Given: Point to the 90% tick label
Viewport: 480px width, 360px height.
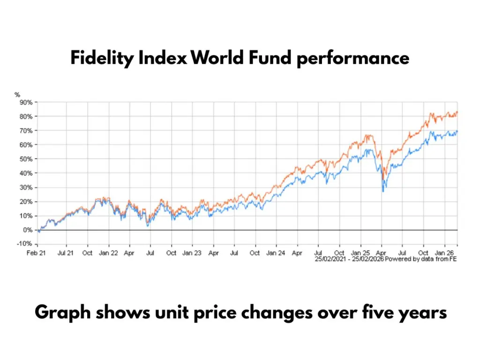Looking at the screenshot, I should [25, 102].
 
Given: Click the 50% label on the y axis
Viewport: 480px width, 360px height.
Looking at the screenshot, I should [25, 159].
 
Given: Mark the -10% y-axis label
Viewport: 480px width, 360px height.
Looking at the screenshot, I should [24, 244].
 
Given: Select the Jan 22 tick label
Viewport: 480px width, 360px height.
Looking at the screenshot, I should [109, 253].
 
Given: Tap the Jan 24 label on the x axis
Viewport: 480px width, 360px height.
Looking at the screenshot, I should [276, 253].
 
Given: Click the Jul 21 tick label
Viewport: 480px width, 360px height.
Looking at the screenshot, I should [66, 253].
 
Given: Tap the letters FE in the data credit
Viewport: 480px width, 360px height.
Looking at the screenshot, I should [453, 259].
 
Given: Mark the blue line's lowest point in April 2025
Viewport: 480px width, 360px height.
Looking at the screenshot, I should [383, 191].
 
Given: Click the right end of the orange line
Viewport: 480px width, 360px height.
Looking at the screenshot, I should [457, 112].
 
